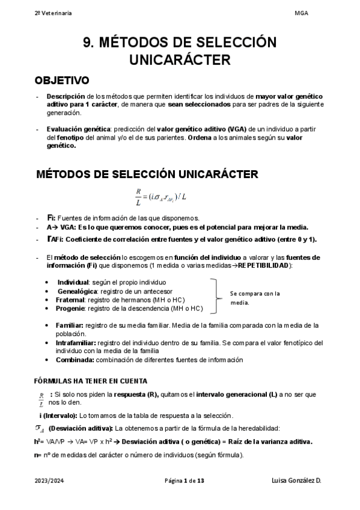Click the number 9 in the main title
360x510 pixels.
88,43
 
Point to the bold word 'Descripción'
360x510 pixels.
66,96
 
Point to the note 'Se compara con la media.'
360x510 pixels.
255,298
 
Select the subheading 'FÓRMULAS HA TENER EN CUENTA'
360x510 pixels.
91,381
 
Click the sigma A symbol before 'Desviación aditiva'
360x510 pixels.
41,428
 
